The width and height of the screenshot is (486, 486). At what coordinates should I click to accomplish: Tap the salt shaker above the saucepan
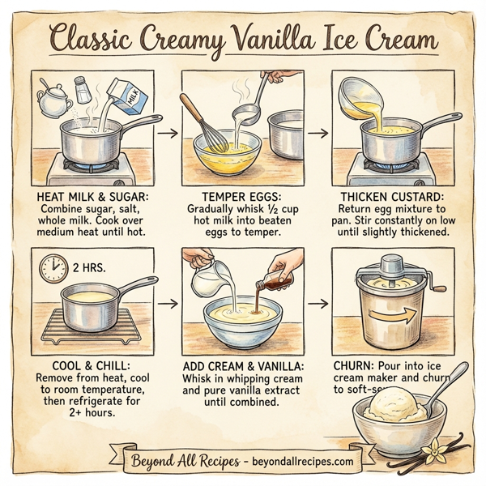point(82,89)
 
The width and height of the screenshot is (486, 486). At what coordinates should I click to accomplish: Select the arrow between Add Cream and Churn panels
point(318,305)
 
